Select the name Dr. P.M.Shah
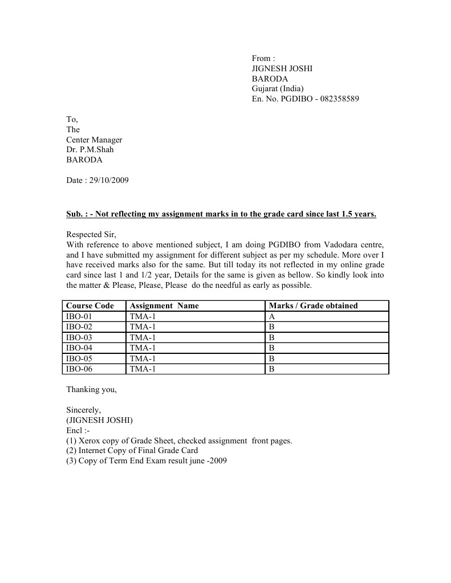tap(90, 150)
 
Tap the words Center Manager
tap(94, 140)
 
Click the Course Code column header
tap(90, 306)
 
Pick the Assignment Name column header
tap(164, 306)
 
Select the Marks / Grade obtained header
tap(313, 306)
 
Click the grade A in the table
tap(272, 316)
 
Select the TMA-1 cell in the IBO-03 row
tap(143, 337)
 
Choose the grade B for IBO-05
tap(272, 358)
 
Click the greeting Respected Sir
tap(91, 234)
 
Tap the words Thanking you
tap(91, 390)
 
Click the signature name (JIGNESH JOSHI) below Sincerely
tap(99, 421)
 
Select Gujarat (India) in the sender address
tap(278, 89)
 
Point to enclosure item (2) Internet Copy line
tap(132, 451)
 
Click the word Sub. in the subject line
tap(75, 214)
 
